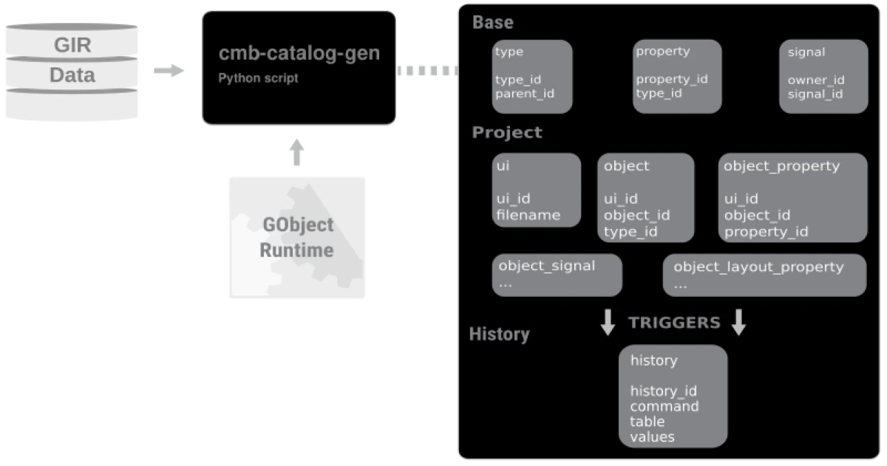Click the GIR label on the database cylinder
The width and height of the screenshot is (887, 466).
click(72, 45)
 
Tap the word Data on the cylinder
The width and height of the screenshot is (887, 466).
click(72, 75)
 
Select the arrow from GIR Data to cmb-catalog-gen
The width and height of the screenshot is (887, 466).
click(169, 70)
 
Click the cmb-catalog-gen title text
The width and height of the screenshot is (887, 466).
click(299, 53)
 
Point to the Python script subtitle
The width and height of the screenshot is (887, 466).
click(258, 78)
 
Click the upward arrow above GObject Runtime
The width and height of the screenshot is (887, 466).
click(296, 152)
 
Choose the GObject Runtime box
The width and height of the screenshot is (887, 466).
click(297, 237)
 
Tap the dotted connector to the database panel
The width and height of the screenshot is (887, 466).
click(428, 70)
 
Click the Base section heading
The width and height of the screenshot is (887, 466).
click(493, 23)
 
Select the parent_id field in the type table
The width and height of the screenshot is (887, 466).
click(525, 94)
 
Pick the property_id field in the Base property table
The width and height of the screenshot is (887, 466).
click(672, 79)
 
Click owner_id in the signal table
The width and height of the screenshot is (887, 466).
click(816, 80)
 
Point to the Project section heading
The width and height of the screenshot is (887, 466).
click(507, 132)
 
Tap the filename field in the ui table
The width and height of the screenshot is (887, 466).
click(529, 215)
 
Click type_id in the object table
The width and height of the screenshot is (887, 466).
click(631, 232)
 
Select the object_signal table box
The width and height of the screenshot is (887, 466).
click(557, 275)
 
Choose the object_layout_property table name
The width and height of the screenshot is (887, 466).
click(758, 267)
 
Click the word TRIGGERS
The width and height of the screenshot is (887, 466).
click(674, 323)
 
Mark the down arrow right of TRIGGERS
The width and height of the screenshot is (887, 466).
click(739, 323)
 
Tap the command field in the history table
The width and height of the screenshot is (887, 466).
click(665, 406)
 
